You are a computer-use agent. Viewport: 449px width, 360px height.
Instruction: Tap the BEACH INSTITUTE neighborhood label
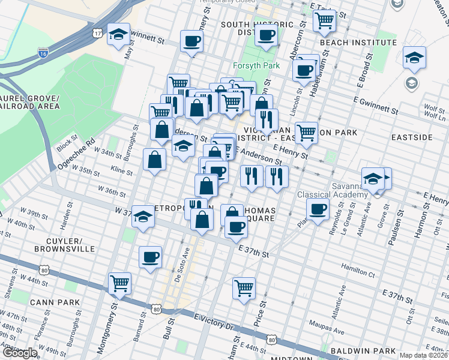[x=358, y=43]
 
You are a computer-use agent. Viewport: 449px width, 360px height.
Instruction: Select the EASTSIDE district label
[x=412, y=137]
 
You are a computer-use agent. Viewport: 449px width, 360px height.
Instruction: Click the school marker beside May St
[x=118, y=34]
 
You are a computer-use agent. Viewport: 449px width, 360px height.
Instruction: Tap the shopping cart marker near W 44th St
[x=119, y=283]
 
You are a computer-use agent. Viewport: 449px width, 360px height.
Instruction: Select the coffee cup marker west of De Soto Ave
[x=150, y=257]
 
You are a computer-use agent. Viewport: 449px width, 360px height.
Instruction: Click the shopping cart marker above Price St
[x=244, y=288]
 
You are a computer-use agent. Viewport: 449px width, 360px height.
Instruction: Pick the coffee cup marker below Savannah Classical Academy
[x=317, y=209]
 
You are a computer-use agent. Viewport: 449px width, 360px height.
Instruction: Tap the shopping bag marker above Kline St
[x=154, y=160]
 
